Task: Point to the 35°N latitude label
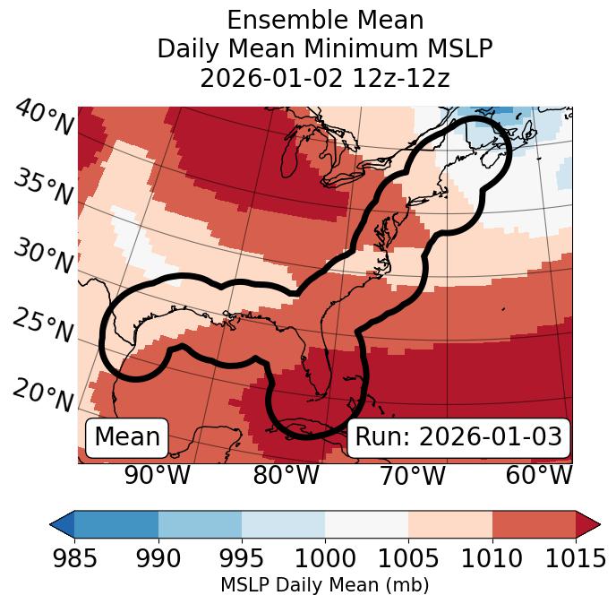pos(43,187)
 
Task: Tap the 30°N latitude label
pos(43,257)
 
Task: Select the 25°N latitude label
pos(43,326)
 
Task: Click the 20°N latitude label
pos(43,393)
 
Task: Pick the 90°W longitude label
pos(158,475)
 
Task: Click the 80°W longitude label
pos(286,475)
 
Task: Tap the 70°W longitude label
pos(412,475)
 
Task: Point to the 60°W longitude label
pos(539,475)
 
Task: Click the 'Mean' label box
pos(127,437)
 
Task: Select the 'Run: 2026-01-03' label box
pos(458,437)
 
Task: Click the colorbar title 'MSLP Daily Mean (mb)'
pos(324,585)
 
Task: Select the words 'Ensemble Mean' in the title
pos(325,20)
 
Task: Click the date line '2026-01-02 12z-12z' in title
pos(325,78)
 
